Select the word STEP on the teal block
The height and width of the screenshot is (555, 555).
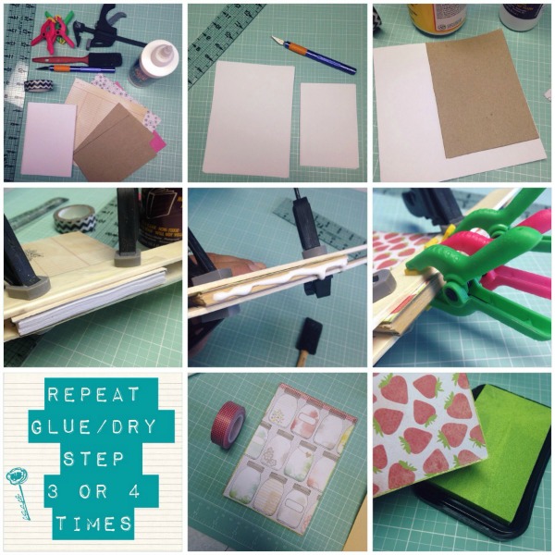pos(92,458)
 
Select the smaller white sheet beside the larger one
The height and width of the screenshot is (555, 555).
pos(328,125)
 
